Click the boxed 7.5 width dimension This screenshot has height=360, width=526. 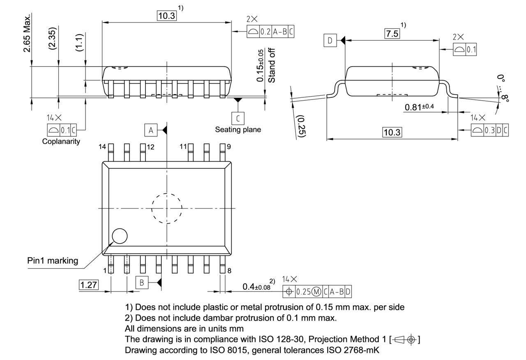(392, 34)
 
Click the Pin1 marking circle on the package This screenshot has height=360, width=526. (120, 236)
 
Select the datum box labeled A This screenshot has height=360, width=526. (151, 130)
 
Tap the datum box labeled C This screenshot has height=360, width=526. (238, 118)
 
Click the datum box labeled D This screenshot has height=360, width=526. (330, 40)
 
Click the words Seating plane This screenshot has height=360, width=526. (238, 129)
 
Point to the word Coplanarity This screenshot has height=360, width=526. (61, 141)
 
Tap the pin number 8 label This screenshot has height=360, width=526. (229, 270)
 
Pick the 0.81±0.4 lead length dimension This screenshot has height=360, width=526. (420, 107)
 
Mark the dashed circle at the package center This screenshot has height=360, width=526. (166, 208)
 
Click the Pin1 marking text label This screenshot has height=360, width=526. (53, 261)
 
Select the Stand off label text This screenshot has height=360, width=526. (272, 65)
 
